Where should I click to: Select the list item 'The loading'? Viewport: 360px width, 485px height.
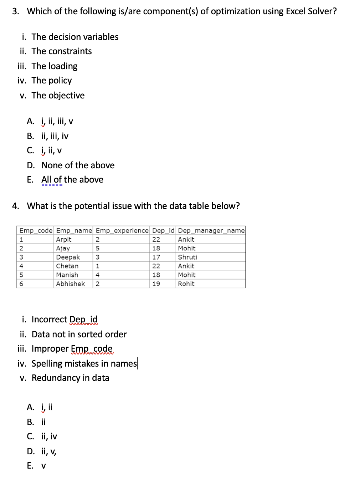54,66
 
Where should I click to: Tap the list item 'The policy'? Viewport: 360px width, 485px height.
51,81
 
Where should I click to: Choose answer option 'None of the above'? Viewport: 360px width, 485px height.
78,165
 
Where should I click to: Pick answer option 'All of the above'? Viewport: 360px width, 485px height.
72,179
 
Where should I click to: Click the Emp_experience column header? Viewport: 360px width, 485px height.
122,231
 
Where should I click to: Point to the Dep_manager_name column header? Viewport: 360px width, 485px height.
211,231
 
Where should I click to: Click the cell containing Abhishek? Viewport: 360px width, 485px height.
71,284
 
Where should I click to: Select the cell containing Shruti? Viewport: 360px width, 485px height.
187,257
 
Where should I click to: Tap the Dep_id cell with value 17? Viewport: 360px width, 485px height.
156,257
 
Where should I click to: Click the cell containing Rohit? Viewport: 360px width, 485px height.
186,284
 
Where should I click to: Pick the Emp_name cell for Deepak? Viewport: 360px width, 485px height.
68,257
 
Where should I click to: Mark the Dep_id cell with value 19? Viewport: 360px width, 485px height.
156,284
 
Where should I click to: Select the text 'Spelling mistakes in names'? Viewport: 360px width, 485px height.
84,363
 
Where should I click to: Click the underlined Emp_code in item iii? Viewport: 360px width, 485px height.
92,349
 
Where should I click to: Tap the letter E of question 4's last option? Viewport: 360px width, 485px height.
30,466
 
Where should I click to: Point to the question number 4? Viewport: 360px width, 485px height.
15,206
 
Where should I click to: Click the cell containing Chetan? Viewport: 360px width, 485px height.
67,266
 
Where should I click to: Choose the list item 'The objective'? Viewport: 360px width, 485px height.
58,96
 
